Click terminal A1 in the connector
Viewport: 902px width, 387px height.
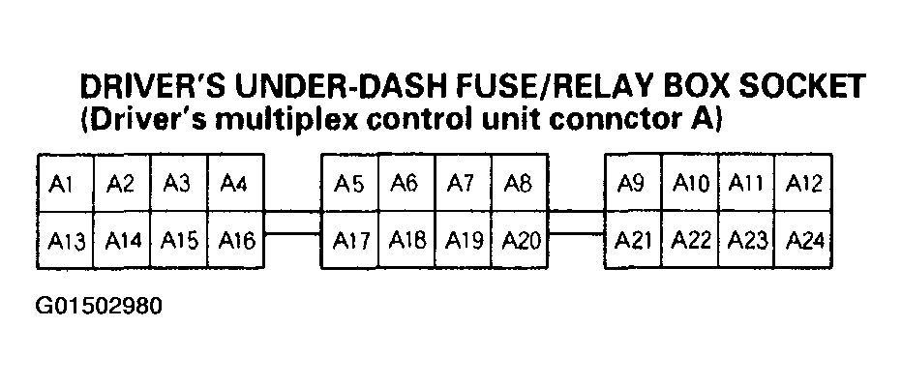65,184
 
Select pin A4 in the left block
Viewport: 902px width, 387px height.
236,184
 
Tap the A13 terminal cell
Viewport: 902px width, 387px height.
65,240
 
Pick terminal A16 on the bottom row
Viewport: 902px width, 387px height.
236,240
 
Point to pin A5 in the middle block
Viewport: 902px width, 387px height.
349,184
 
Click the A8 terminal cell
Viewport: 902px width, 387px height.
520,184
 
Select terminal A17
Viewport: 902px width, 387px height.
349,240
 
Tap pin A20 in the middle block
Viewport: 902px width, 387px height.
520,240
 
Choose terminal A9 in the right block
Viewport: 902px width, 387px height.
633,184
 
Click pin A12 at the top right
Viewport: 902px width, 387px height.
803,184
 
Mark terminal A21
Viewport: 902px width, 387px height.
633,240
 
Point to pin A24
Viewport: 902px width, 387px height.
803,240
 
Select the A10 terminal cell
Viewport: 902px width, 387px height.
690,184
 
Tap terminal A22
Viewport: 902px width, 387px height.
690,240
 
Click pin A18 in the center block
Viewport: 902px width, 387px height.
406,240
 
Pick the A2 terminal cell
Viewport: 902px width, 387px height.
121,184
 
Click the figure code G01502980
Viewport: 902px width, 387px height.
100,307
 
